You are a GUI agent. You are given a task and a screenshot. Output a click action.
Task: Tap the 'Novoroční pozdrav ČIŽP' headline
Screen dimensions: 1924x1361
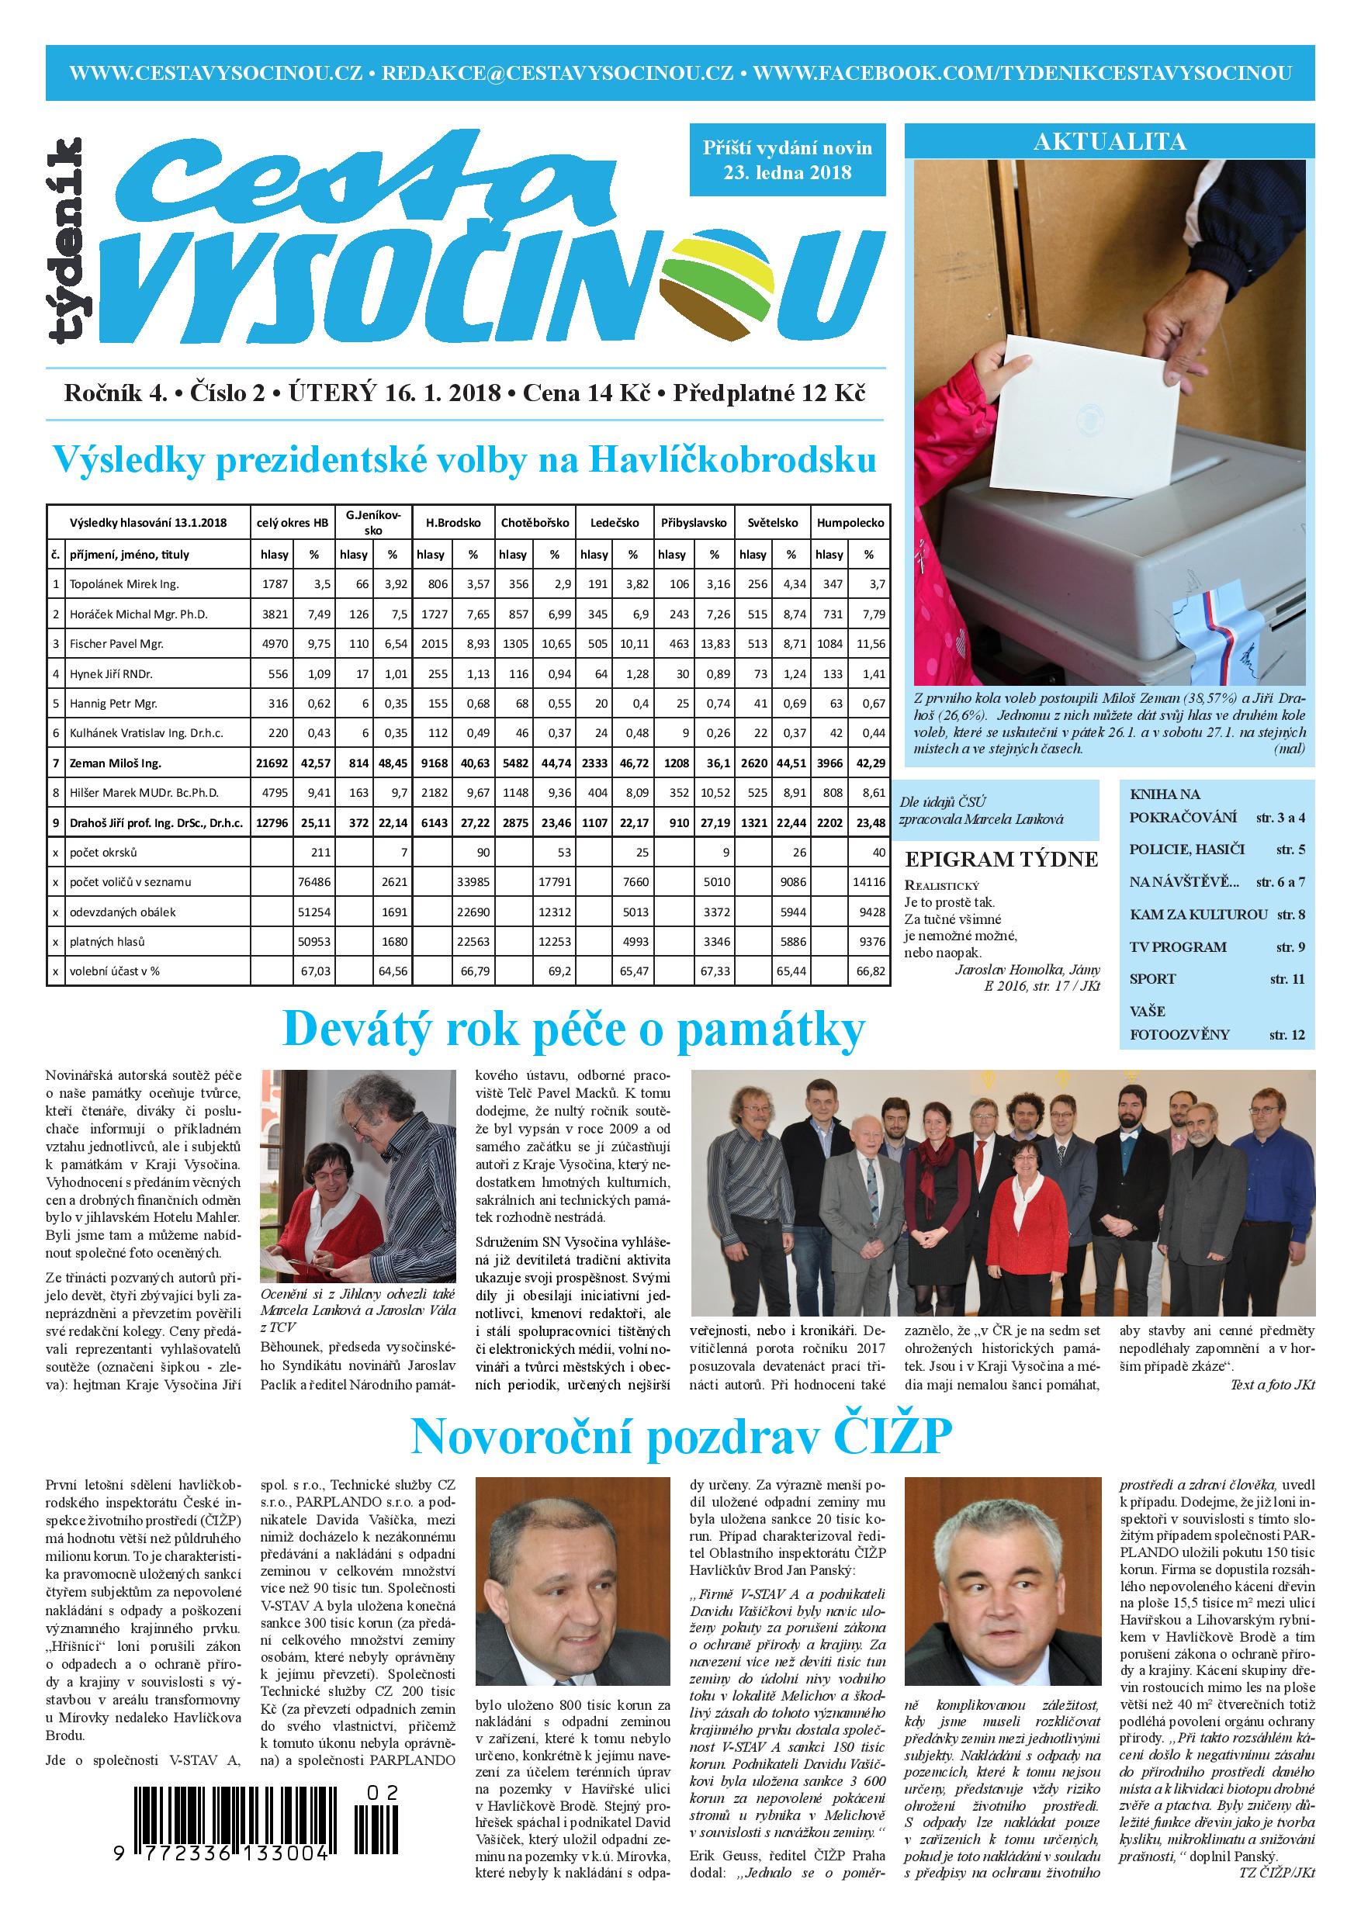680,1436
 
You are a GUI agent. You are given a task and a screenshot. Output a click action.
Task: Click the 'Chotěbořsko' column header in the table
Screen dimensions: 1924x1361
535,522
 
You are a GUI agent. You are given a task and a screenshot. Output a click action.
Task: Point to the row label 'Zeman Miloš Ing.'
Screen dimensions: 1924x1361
116,763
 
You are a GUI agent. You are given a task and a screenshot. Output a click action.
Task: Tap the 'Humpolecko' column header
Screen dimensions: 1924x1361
850,522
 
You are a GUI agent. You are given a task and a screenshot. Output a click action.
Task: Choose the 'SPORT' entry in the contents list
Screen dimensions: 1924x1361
1153,979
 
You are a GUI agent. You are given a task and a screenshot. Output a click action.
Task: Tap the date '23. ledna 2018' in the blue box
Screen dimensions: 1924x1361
787,174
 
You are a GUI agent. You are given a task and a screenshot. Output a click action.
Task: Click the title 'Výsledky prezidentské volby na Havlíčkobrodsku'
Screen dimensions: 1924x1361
465,460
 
